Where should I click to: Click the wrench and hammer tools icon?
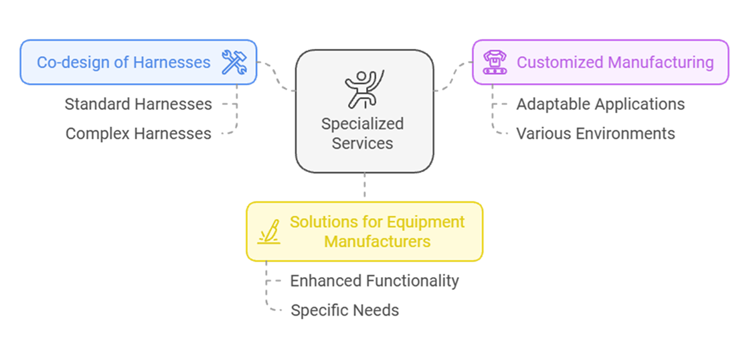point(234,62)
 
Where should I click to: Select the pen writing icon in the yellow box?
point(269,232)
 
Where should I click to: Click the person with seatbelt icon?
point(364,89)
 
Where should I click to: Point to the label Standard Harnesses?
point(139,104)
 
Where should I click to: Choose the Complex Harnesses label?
point(139,134)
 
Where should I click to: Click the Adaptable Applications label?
point(600,104)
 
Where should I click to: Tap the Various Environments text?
point(596,133)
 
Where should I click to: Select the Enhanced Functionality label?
point(375,280)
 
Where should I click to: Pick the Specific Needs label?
point(345,310)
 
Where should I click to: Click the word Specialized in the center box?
point(363,124)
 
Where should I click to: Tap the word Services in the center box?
point(363,143)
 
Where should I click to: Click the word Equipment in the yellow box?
point(426,222)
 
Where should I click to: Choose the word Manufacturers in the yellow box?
point(378,241)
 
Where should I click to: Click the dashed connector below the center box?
point(365,185)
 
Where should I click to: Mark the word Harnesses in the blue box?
point(173,62)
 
